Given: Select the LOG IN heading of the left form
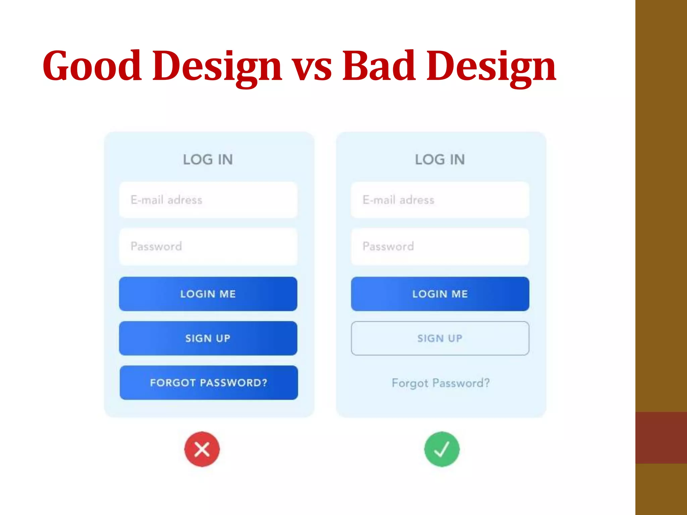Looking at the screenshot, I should [208, 160].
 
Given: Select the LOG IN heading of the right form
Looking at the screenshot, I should [440, 160].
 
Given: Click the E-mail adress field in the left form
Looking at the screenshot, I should [208, 200].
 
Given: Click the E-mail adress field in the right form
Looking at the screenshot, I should [440, 200].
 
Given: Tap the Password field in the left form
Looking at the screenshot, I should [208, 246].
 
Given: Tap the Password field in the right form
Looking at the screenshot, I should [440, 246].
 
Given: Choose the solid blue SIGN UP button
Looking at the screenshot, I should [208, 338].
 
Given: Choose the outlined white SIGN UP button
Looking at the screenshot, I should [440, 338].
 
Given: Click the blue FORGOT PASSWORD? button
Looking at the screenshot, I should [209, 383].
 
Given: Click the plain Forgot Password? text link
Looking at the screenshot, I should [440, 383].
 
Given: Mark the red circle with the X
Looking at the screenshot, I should [202, 449].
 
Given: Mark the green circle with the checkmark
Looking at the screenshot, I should [442, 449].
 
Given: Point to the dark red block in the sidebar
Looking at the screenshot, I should [661, 438].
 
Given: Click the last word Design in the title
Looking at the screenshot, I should [491, 66].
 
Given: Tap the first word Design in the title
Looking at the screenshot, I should [217, 66].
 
